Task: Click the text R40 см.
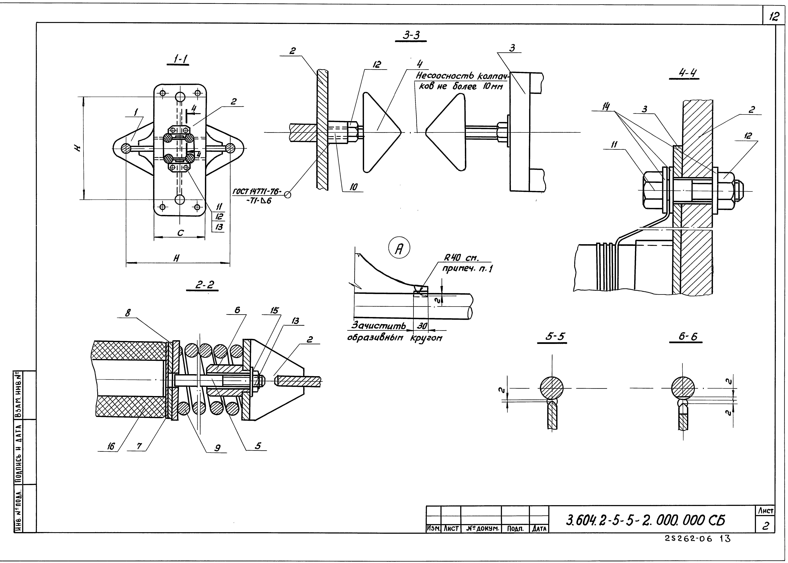461,258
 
